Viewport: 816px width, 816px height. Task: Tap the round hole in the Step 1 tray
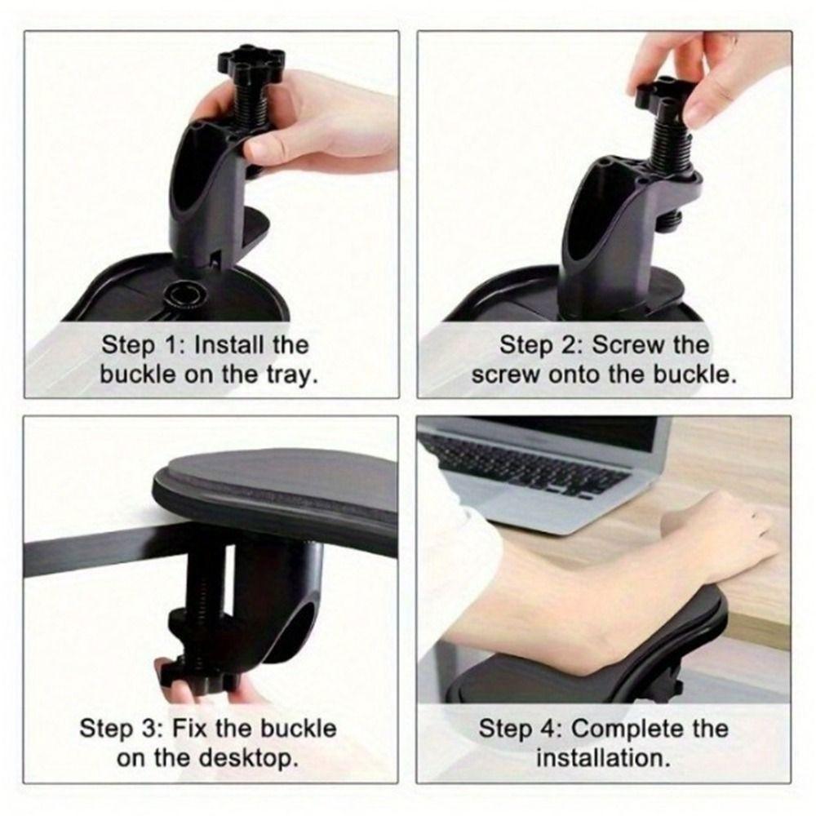182,293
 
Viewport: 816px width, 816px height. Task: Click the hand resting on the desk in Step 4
726,534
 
